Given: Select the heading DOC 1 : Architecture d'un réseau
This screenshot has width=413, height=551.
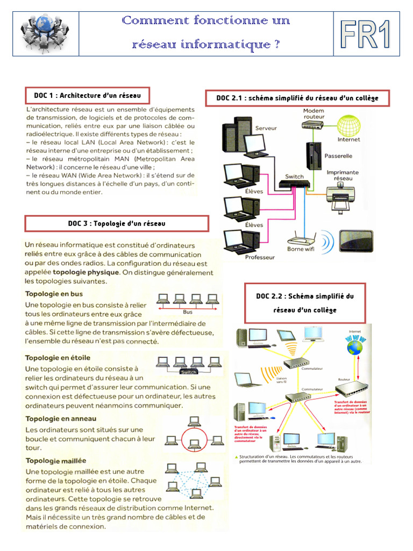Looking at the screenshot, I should [x=87, y=96].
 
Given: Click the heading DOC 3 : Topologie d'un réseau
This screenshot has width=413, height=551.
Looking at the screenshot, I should [x=117, y=223].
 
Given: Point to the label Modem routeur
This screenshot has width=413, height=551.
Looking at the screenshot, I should [x=314, y=114].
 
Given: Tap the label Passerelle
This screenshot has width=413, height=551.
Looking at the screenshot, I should [x=339, y=156].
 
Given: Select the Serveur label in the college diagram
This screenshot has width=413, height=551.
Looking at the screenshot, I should [x=266, y=129].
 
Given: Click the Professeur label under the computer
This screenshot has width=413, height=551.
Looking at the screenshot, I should [x=260, y=257].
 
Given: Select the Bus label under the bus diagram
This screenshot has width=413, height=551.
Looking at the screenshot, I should [x=188, y=312].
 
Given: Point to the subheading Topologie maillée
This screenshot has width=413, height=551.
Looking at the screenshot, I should [x=55, y=461].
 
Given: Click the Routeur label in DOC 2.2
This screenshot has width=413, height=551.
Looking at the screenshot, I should [x=344, y=379].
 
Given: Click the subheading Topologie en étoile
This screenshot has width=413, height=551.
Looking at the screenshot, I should [x=58, y=357].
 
